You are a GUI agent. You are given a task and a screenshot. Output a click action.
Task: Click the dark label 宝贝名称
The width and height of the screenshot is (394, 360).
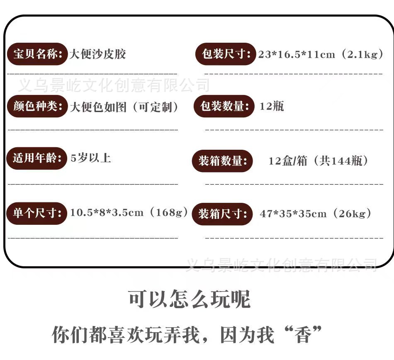point(37,54)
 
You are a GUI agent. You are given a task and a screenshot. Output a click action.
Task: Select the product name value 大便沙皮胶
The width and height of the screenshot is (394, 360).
point(97,54)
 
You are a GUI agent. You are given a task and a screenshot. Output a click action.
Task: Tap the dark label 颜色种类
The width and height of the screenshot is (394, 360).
point(37,106)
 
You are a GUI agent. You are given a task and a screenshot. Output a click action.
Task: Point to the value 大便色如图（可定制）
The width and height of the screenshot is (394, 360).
point(124,107)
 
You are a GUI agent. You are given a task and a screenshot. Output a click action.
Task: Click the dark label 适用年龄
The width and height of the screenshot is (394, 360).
point(36,158)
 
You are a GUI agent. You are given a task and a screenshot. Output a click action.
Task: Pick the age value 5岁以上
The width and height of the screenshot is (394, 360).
point(91,158)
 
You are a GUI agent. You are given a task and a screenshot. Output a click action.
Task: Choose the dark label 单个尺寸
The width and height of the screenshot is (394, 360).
point(36,213)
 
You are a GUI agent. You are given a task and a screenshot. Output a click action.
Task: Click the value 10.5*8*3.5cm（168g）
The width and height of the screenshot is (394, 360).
point(129,213)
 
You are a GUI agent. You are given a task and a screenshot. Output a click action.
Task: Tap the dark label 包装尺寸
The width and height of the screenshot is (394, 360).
point(226,54)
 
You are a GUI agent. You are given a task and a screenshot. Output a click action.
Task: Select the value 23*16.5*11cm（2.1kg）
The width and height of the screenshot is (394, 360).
point(321,54)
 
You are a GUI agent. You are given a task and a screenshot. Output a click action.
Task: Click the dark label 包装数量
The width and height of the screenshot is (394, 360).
point(224,106)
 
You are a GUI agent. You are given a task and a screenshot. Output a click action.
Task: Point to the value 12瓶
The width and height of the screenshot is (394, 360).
point(272,106)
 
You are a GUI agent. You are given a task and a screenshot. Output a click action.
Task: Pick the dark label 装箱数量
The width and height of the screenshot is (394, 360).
point(222,161)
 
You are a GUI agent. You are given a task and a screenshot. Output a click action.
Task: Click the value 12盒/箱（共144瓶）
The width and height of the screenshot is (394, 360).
point(318,161)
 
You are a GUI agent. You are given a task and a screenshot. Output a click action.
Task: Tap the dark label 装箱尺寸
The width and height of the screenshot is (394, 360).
point(222,214)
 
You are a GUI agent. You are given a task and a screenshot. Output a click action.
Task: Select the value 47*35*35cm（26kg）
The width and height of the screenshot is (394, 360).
point(315,214)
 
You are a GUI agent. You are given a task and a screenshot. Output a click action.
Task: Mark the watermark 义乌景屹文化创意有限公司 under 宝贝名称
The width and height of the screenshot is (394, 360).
point(113,86)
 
